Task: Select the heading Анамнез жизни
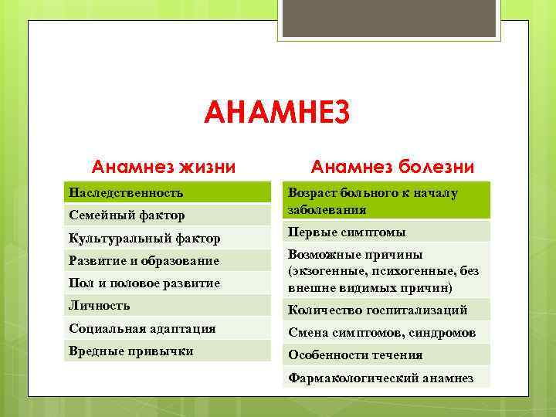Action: click(164, 166)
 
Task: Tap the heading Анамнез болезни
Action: click(392, 166)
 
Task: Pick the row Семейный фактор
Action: click(123, 215)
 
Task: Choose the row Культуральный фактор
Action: click(144, 238)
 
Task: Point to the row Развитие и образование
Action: click(144, 260)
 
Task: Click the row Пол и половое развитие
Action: click(144, 283)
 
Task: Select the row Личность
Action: click(100, 305)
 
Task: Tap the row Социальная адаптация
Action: click(142, 328)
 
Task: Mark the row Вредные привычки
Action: click(131, 351)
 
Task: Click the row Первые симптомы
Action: click(347, 232)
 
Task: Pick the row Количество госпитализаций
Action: click(378, 310)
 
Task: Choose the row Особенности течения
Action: click(355, 355)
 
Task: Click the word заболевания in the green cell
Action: click(327, 209)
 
